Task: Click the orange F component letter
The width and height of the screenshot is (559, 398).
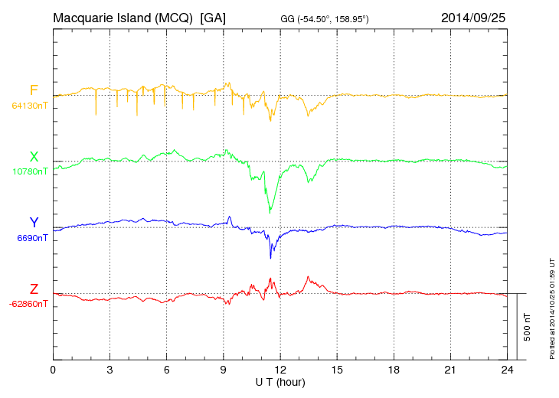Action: point(34,90)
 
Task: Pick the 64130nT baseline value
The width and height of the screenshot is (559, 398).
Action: point(29,106)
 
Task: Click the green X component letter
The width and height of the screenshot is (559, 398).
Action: point(34,156)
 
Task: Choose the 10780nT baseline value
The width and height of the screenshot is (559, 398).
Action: point(29,171)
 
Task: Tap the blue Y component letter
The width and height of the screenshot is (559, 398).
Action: point(34,223)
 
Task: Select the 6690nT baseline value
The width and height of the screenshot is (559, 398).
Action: point(32,238)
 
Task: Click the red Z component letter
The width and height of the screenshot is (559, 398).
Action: point(34,289)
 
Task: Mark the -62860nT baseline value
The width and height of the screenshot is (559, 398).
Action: point(28,304)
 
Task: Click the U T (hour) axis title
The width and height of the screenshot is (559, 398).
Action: point(279,381)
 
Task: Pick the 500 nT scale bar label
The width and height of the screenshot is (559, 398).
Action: point(527,327)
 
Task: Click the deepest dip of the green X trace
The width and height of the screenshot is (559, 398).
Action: point(270,212)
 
